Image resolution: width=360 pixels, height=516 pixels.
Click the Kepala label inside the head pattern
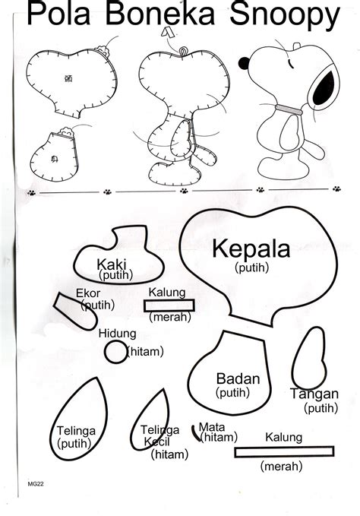pos(251,249)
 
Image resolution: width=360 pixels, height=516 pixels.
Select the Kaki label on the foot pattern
pos(112,264)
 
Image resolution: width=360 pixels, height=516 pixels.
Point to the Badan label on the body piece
pos(238,378)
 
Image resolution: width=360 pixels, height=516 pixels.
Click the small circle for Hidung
pos(115,351)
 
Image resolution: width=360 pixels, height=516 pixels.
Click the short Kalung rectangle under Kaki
pos(169,305)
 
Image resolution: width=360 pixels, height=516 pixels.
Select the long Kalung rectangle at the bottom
pos(279,451)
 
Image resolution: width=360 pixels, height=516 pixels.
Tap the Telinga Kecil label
pos(160,435)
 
